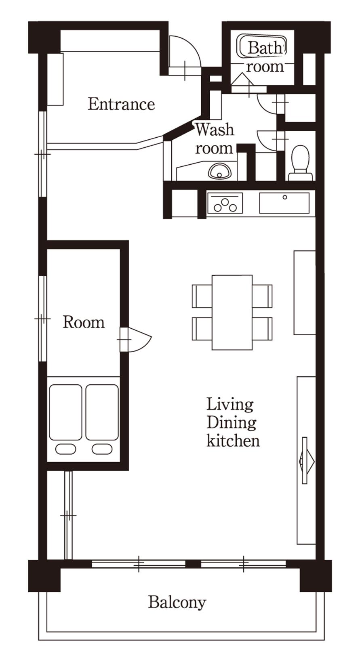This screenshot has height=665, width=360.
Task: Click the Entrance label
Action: click(121, 104)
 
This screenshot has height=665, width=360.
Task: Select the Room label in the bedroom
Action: click(84, 323)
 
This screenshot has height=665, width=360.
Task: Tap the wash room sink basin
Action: click(219, 171)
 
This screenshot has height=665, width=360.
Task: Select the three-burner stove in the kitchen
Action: click(225, 203)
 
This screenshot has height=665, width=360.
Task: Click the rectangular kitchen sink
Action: click(284, 203)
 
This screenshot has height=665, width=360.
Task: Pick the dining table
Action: click(232, 313)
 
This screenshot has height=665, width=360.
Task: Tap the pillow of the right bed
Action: click(102, 449)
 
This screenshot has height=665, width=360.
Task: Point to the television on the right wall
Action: click(306, 460)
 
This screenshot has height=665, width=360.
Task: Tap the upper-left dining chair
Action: click(202, 296)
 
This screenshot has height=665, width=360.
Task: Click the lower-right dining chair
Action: click(262, 329)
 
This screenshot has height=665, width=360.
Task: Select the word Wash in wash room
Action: click(215, 130)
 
